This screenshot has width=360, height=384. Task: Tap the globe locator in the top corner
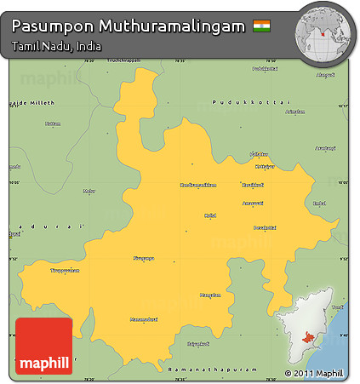[x=323, y=32]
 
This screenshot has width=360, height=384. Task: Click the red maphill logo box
[x=43, y=346]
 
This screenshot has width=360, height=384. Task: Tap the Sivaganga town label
[x=145, y=258]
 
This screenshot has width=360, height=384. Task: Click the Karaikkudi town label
[x=253, y=185]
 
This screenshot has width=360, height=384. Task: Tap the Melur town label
[x=89, y=191]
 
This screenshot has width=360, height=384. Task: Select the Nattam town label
[x=53, y=123]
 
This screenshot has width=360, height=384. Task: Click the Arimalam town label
[x=295, y=112]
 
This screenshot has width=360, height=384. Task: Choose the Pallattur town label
[x=259, y=153]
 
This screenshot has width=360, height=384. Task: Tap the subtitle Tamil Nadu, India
[x=56, y=46]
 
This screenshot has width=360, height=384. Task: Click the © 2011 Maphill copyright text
[x=314, y=374]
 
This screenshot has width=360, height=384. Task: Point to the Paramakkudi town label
[x=197, y=344]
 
